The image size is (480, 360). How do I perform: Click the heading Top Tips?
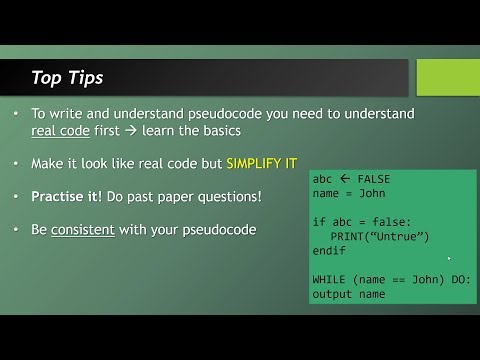tap(66, 77)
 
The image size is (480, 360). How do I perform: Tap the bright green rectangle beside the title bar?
tap(447, 77)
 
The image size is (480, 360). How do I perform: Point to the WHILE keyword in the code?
tap(331, 279)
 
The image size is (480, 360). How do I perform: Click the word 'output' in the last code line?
tap(333, 294)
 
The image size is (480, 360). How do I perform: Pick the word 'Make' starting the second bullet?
tap(49, 164)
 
